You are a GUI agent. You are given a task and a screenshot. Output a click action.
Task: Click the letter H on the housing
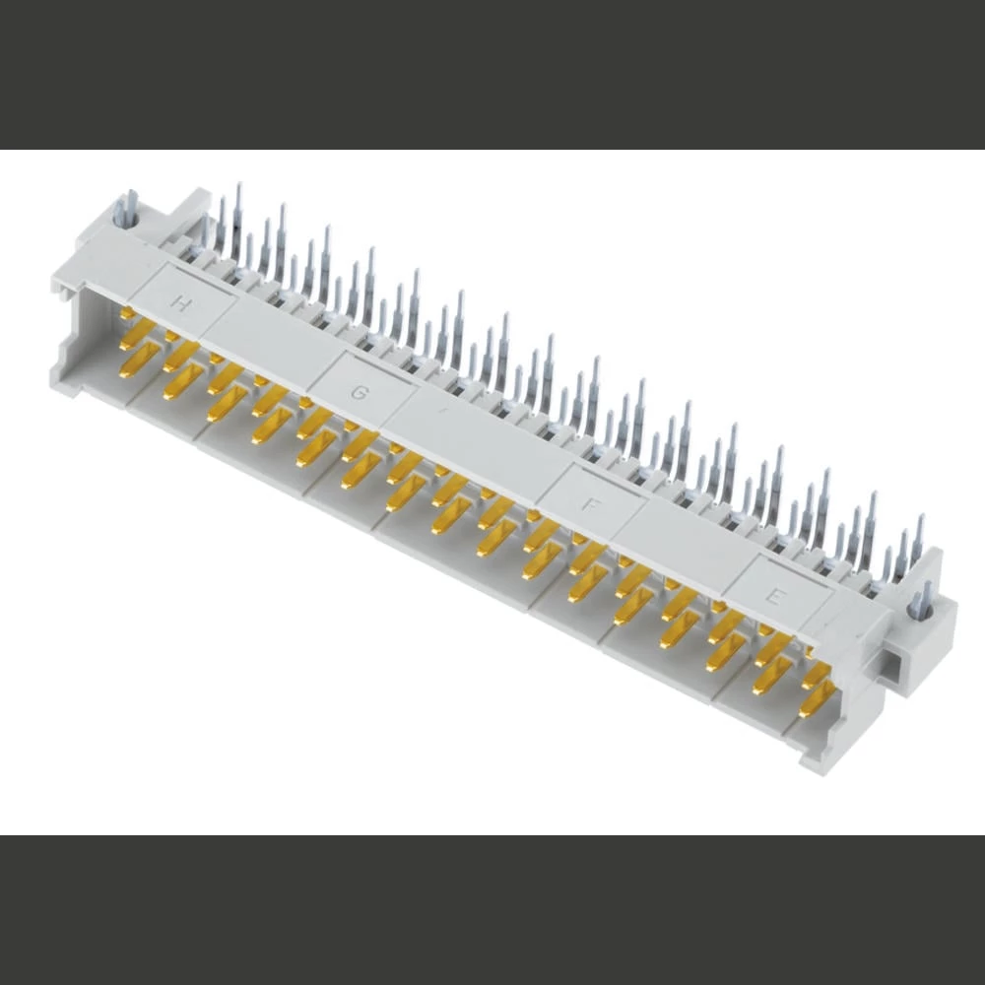[180, 302]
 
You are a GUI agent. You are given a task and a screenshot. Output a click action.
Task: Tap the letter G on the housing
[361, 394]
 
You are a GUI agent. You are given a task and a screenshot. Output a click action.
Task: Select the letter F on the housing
[591, 505]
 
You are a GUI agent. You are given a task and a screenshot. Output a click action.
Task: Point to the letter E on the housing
[776, 596]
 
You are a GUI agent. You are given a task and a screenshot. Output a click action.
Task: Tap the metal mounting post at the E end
[925, 601]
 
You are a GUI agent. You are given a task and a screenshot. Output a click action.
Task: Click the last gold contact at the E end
[818, 699]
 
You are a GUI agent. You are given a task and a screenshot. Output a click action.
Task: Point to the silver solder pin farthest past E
[918, 537]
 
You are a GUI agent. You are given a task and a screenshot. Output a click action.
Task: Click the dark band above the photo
[492, 74]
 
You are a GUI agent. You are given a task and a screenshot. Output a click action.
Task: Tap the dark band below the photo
[492, 911]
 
